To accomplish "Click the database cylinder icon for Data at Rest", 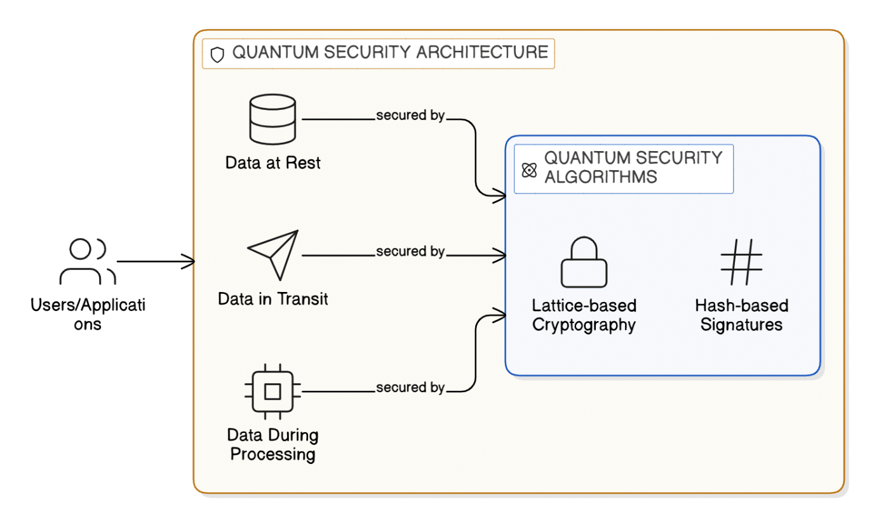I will click(272, 119).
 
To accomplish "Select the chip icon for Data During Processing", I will click(272, 392).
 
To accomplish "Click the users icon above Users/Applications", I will click(88, 260).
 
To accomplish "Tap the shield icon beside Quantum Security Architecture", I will click(217, 55).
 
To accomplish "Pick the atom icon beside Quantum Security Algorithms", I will click(529, 170).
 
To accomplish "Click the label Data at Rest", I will click(272, 163).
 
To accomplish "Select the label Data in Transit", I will click(273, 298).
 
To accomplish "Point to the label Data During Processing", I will click(272, 445).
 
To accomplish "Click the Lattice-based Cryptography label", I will click(584, 315).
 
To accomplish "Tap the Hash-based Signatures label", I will click(741, 315).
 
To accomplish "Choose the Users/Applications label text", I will click(88, 314).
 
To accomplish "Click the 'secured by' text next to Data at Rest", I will click(410, 116).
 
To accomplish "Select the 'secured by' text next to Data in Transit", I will click(410, 251).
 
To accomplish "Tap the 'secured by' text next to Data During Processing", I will click(410, 387).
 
